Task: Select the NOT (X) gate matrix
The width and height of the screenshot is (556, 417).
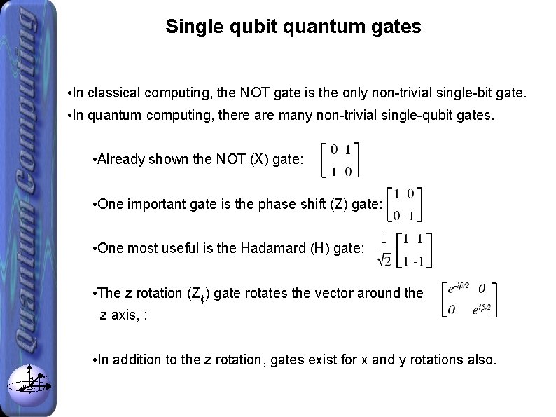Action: [x=340, y=160]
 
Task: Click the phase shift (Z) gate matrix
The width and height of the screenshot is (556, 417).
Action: [x=406, y=203]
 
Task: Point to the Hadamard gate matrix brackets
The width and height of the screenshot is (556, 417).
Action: [x=413, y=249]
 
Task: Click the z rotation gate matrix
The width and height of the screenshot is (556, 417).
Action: [x=469, y=299]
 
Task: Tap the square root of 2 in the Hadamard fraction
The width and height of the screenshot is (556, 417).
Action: [x=384, y=259]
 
